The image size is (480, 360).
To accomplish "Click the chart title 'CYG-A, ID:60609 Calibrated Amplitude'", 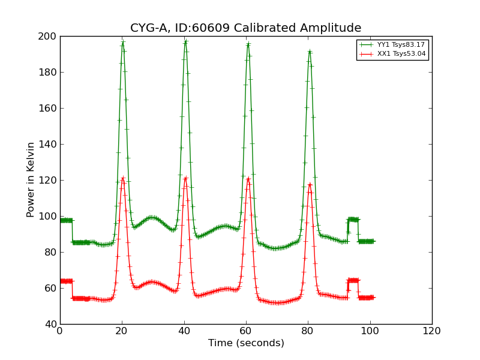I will point(246,28).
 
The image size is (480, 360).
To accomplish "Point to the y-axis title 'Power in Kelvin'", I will point(31,180).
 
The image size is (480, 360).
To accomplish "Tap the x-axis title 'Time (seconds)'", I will point(246,343).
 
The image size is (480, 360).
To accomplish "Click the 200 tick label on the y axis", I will point(48,37).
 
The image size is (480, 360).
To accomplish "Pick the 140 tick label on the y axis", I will point(48,145).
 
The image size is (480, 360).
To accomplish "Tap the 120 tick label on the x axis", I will point(431,331).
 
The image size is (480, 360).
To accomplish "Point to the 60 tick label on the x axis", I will point(246,331).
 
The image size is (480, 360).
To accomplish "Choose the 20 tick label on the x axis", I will point(122,331).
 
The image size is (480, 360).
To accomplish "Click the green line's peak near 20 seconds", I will point(123,43).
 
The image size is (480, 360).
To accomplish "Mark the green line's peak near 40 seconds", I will point(185,41).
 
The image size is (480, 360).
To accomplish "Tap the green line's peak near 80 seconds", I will point(310,52).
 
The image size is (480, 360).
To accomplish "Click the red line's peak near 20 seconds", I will point(123,178).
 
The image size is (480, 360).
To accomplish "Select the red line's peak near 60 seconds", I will point(248,178).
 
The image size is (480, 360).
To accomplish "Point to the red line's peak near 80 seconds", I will point(310,184).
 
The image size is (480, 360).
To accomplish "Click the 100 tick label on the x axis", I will point(370,331).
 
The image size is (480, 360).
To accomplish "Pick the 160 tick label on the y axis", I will point(48,109).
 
